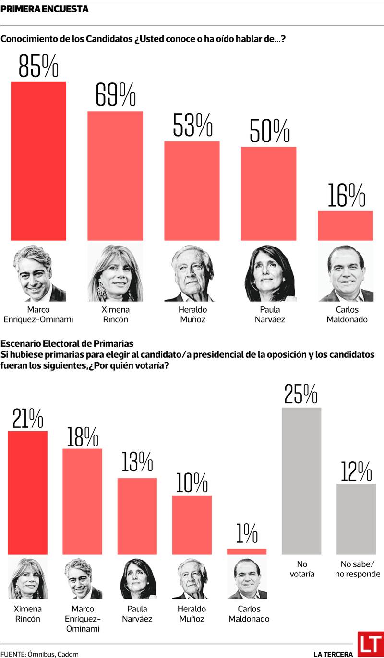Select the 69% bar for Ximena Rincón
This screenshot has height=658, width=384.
pos(115,176)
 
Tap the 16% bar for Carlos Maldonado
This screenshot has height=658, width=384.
pos(345,225)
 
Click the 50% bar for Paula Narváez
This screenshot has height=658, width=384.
pos(268,193)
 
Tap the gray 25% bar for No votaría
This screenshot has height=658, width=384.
pos(301,481)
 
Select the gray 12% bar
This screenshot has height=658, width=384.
pos(356,519)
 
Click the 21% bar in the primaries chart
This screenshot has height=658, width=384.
pos(27,493)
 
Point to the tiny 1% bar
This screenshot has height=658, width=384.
pos(246,552)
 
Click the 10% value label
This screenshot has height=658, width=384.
pos(192,483)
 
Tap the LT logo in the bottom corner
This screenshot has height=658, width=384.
pos(371,644)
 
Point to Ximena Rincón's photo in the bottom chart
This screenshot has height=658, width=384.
pos(27,579)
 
